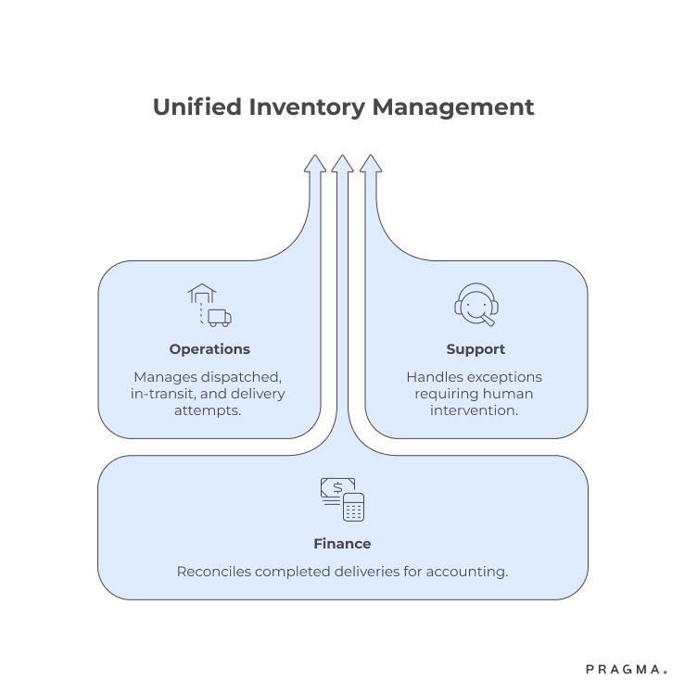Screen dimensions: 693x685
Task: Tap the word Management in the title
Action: click(453, 107)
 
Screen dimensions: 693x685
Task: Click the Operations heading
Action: click(209, 349)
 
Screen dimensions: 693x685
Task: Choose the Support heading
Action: click(476, 349)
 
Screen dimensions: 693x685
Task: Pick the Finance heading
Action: click(342, 544)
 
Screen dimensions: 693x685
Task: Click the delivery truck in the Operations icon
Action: click(219, 317)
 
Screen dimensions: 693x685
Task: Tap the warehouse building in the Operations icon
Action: click(200, 296)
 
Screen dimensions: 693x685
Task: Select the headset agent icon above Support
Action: click(476, 305)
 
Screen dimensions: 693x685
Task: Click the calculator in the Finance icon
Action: click(354, 506)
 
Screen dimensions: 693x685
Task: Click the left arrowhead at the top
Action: click(315, 165)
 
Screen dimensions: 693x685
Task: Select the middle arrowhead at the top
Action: click(343, 165)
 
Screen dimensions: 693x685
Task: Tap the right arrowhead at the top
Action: click(371, 165)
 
